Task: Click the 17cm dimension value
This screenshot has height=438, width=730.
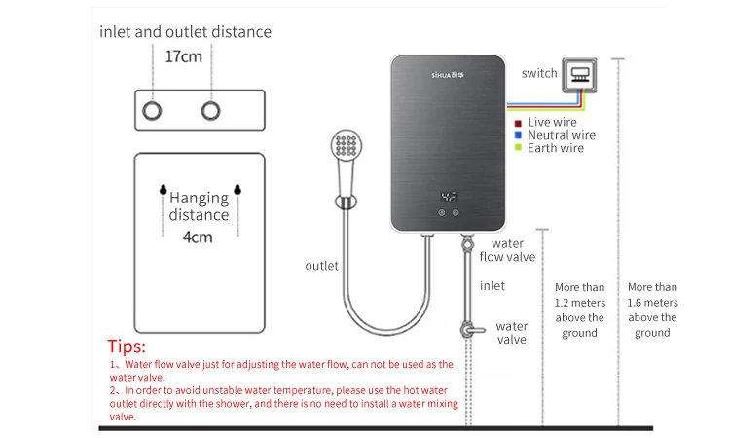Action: pos(183,56)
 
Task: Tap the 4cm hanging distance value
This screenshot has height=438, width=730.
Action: pos(198,236)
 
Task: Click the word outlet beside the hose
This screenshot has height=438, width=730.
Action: pos(322,265)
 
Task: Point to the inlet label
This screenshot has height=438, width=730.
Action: pos(493,286)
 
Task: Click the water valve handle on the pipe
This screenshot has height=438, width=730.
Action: pos(473,331)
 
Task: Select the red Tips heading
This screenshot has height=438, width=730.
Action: pos(127,347)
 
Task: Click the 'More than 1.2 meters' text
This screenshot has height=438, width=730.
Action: pos(579,310)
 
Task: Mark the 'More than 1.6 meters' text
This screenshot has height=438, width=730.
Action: pos(652,310)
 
